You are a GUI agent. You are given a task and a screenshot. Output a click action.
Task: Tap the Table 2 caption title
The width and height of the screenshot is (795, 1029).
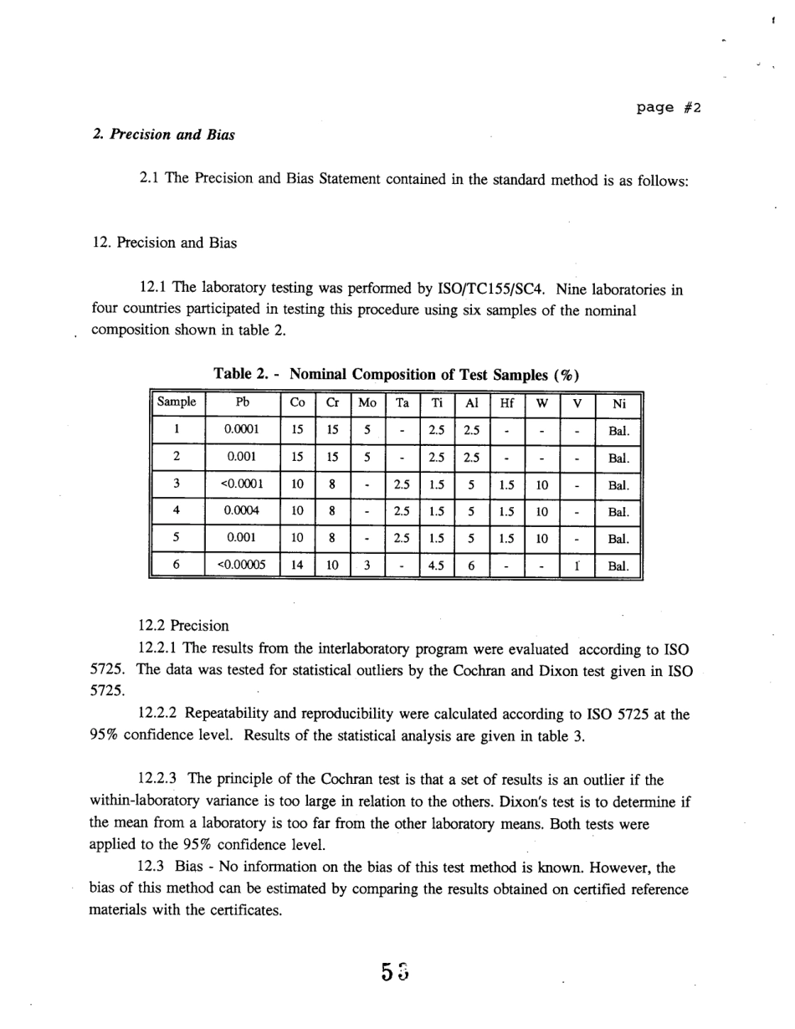(397, 373)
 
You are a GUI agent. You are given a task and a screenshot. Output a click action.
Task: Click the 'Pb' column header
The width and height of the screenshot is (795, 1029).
(243, 402)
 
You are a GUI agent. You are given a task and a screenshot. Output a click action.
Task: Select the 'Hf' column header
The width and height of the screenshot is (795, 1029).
(506, 402)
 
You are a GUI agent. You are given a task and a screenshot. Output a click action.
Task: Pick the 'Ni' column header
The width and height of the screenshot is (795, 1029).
(619, 402)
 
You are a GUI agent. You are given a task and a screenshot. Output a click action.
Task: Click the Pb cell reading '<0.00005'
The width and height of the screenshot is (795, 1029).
(243, 565)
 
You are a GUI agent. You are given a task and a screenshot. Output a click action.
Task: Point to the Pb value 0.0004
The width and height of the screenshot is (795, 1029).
(243, 510)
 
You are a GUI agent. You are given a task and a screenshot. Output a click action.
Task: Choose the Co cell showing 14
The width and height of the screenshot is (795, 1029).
(297, 565)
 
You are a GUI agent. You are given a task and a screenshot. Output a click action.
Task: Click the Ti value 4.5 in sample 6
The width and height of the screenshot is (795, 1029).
(436, 565)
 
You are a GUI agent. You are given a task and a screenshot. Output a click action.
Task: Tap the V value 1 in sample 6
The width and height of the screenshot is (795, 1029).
(577, 565)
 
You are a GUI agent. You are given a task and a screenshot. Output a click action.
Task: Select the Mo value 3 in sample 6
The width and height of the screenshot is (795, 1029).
(367, 565)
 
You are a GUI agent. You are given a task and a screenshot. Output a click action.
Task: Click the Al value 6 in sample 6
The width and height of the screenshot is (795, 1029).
(472, 565)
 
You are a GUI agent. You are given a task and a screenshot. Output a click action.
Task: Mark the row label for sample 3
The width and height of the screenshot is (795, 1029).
(177, 484)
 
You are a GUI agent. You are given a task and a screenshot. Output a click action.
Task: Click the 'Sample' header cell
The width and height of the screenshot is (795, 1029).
(177, 402)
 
